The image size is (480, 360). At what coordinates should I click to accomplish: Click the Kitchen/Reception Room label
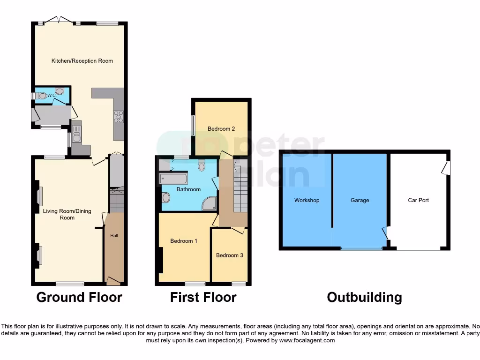pos(82,60)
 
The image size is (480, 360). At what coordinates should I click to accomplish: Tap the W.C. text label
pos(52,96)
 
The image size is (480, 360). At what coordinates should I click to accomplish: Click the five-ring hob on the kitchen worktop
pos(118,116)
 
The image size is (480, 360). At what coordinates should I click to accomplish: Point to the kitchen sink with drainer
pos(76,133)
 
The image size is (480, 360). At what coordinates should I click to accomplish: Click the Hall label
pos(114,236)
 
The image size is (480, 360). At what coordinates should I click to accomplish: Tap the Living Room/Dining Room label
pos(67,214)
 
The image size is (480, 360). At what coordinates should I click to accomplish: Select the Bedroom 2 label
pos(221,129)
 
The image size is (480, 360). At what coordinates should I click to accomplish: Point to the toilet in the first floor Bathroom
pos(202,165)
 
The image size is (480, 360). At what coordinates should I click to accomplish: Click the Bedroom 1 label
pos(183,241)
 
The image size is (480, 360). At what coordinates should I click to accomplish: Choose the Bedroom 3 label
pos(229,255)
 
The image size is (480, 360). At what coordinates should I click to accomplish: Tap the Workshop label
pos(307,200)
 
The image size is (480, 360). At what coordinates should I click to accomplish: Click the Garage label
pos(360,200)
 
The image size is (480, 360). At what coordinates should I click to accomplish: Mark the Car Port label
pos(418,200)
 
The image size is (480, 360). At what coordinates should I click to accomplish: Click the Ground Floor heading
pos(79,297)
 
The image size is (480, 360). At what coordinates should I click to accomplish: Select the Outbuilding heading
pos(364,297)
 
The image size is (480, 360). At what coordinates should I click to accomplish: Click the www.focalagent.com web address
pos(307,340)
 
